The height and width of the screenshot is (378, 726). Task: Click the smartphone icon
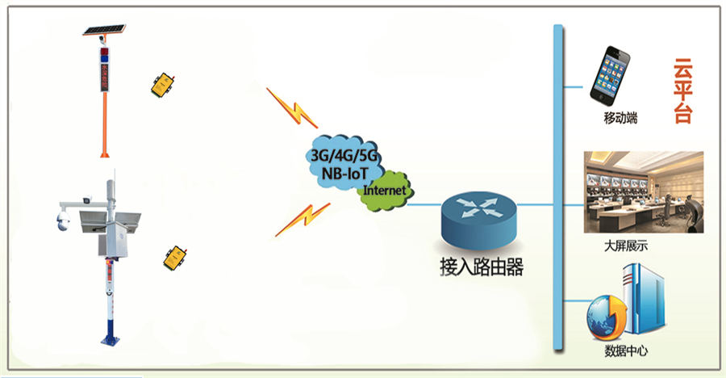610,76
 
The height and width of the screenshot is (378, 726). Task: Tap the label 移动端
620,118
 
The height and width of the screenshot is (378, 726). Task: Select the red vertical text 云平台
682,90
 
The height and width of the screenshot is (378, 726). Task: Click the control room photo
644,192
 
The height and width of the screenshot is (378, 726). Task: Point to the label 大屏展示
625,246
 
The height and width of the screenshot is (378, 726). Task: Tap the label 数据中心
626,351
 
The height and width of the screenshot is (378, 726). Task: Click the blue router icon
478,220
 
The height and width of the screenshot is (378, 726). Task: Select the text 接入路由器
482,267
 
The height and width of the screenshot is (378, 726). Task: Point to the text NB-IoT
344,174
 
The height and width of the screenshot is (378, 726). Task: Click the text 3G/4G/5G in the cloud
344,155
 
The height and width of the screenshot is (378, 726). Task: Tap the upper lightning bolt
292,107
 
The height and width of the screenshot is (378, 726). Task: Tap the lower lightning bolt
302,220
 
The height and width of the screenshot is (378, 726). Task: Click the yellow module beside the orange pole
162,85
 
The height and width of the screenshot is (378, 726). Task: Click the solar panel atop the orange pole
104,30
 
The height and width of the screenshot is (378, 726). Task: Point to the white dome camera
63,220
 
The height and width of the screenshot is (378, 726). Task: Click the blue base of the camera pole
111,336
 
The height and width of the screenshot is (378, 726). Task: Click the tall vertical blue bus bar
558,188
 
